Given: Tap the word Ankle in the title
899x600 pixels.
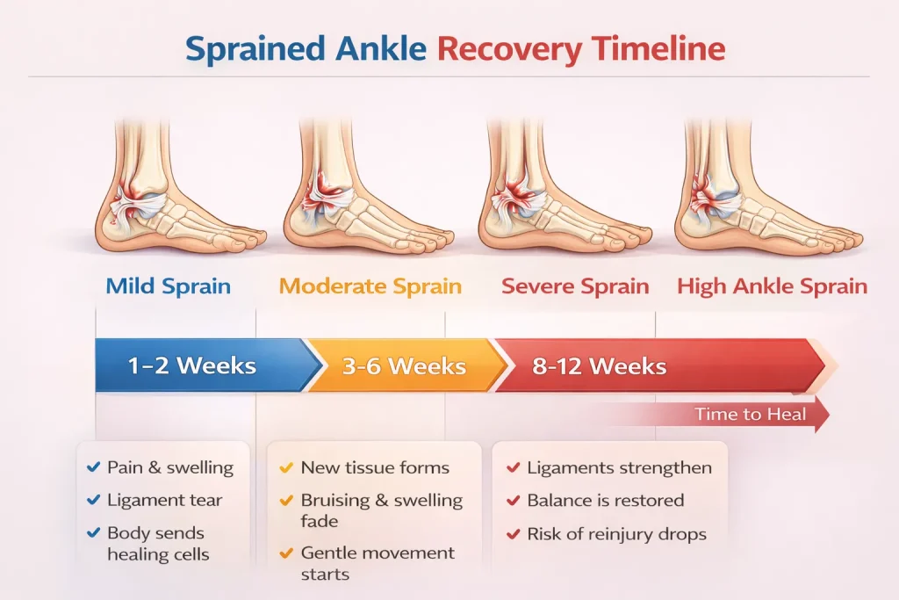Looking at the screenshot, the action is [x=381, y=48].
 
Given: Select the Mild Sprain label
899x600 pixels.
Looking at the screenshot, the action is [x=168, y=286].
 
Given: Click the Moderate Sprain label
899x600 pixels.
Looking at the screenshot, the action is [x=370, y=286].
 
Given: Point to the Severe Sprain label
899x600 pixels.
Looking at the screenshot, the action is [x=575, y=286].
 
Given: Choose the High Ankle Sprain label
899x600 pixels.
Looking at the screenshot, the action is [x=773, y=286].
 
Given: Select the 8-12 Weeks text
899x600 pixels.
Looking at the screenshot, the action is [x=599, y=366].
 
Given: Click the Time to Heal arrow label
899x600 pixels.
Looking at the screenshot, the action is [x=751, y=414].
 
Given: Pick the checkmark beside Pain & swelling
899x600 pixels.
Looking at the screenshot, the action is [x=93, y=467].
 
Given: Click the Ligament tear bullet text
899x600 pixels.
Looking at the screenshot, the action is [x=164, y=500].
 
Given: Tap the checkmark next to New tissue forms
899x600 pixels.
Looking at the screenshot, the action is [x=286, y=467].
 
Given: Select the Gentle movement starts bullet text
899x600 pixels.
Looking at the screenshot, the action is [x=378, y=563].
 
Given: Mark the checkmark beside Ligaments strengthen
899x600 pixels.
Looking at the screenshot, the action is [x=513, y=467].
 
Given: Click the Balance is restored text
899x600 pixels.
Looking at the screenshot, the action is [x=606, y=500].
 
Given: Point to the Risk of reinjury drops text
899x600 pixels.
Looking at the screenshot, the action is [x=617, y=534].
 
